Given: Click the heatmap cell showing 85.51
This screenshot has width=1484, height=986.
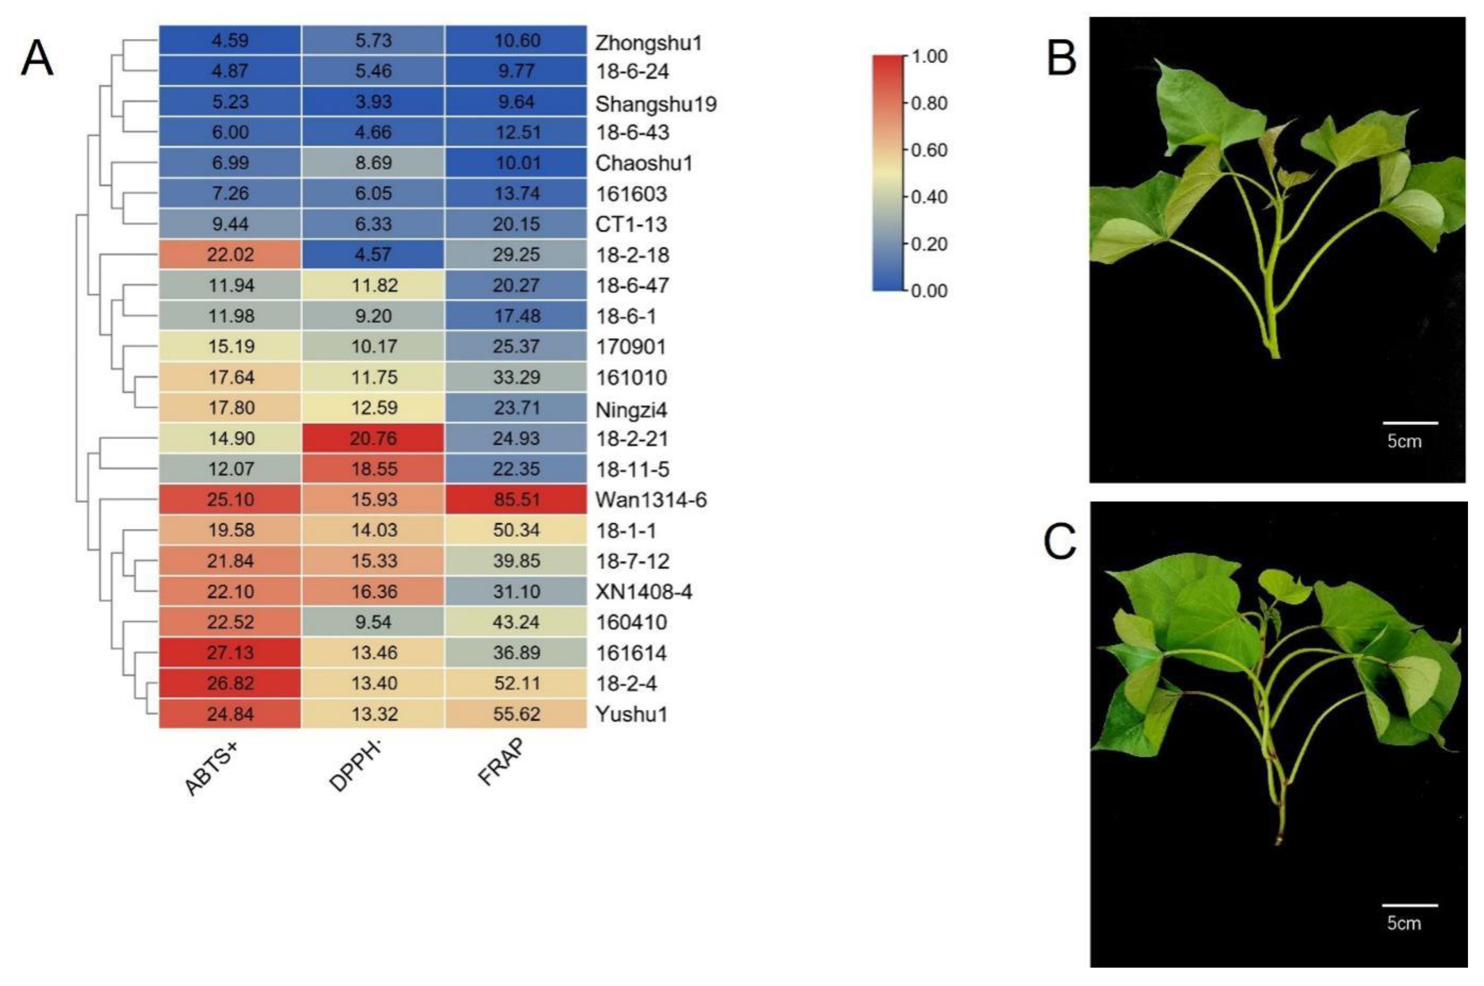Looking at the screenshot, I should [x=516, y=499].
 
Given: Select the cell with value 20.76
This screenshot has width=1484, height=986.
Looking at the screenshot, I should [x=373, y=438].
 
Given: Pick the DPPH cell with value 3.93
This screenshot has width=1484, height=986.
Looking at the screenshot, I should [x=373, y=101].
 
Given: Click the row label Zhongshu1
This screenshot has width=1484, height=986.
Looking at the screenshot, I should [x=648, y=43].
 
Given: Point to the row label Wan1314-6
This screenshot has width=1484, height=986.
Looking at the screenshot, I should [x=651, y=500].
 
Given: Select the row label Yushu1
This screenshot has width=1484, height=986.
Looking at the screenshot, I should [x=631, y=714].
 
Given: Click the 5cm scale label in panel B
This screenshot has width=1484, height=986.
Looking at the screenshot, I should [x=1404, y=441].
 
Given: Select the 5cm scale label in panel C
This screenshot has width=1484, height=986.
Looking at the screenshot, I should [x=1404, y=923].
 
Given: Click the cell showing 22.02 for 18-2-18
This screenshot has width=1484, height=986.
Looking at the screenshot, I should [x=230, y=255].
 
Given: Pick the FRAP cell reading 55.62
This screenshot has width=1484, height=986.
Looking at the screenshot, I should [x=516, y=714].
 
